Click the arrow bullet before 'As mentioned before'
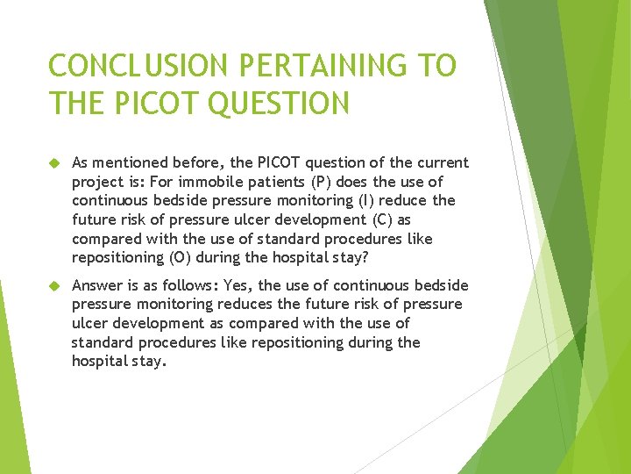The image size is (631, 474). pos(54,163)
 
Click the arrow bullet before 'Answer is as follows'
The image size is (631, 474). pos(54,286)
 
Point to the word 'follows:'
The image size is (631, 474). pos(187,285)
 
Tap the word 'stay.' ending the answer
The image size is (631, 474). pos(145,362)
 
